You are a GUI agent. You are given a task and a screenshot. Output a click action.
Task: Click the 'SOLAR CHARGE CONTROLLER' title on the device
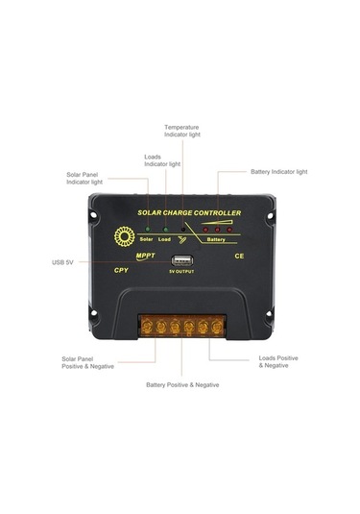click(x=189, y=212)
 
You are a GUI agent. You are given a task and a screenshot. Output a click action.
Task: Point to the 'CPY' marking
click(x=121, y=270)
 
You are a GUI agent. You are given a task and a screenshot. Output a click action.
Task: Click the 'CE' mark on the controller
click(x=241, y=257)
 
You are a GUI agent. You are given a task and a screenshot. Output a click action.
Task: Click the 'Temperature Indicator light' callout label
click(x=182, y=131)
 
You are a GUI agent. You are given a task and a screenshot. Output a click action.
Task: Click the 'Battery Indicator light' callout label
click(x=279, y=172)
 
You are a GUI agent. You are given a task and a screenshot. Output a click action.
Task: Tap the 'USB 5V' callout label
click(x=63, y=261)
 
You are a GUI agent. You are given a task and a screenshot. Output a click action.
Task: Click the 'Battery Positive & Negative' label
click(x=182, y=384)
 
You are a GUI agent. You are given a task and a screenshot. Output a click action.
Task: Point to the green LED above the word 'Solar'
click(x=147, y=230)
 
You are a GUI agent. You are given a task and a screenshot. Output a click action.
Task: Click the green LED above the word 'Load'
click(x=165, y=230)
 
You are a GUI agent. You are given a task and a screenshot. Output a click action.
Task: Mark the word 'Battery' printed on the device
click(x=217, y=240)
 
